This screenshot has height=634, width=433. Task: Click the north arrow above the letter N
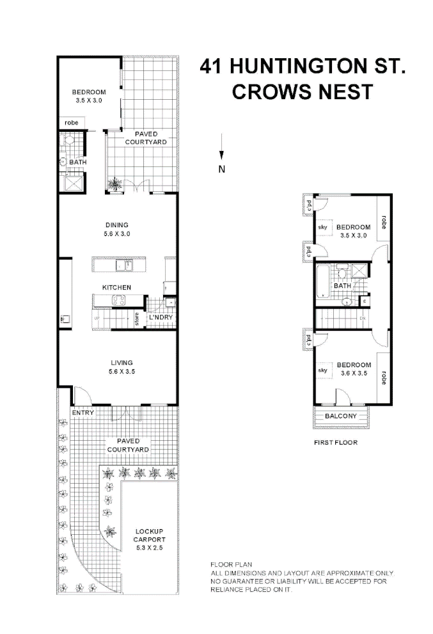click(221, 147)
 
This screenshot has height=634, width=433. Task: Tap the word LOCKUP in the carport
click(149, 532)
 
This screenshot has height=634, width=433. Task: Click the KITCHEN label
click(116, 288)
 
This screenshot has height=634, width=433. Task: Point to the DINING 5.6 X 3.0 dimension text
click(116, 234)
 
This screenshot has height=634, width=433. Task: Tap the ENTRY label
click(83, 413)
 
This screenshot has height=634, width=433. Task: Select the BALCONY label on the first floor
click(340, 416)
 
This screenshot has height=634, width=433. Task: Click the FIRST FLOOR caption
click(335, 442)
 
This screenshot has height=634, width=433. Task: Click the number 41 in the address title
click(212, 66)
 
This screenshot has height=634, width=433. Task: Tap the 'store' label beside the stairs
click(137, 318)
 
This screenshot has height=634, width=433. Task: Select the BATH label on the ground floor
click(78, 162)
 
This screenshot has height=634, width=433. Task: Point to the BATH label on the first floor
click(342, 285)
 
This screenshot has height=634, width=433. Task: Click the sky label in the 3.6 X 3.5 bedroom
click(323, 370)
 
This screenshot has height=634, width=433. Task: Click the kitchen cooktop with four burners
click(120, 300)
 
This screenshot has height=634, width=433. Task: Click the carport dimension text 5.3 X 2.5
click(149, 548)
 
